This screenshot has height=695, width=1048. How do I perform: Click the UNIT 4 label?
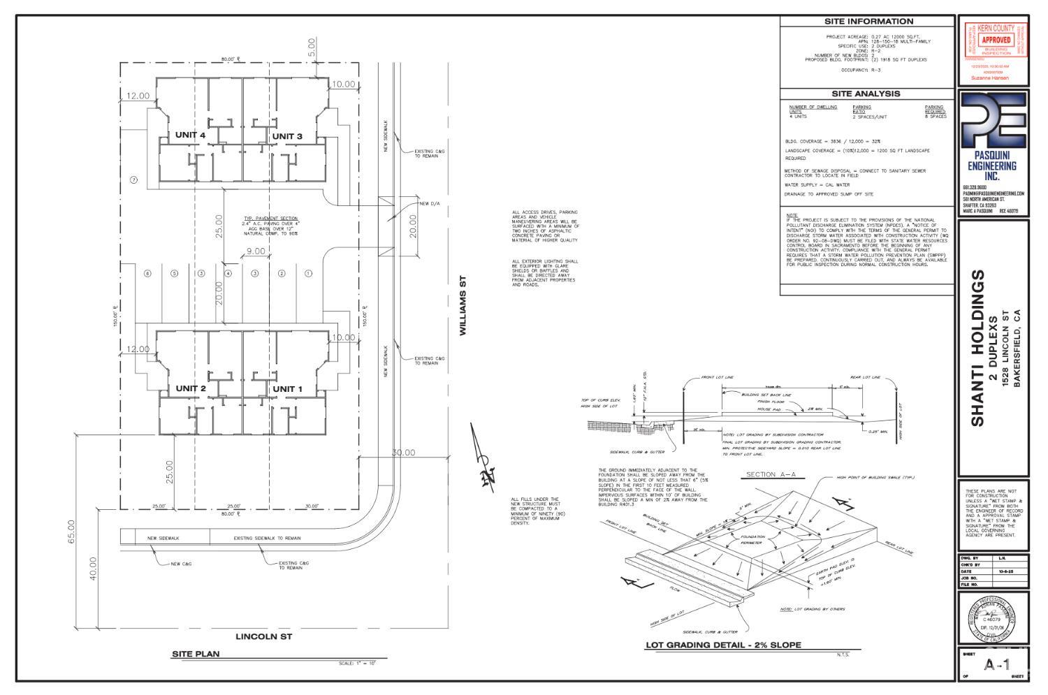point(190,135)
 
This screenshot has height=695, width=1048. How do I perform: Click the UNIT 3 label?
point(287,136)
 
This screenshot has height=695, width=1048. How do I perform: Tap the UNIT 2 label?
point(190,388)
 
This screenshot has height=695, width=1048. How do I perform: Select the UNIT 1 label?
point(287,388)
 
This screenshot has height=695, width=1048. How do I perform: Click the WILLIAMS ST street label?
point(463,305)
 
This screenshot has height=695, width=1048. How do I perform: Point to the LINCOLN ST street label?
point(263,636)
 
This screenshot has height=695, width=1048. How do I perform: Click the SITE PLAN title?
point(196,654)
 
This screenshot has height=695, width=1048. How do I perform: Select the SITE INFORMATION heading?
point(868,21)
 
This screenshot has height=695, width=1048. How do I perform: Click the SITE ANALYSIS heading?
point(866,94)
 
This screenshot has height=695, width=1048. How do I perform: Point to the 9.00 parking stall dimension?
point(255,251)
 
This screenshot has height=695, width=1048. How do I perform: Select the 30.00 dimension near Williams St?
point(403,453)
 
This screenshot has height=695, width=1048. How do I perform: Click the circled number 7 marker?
point(134,180)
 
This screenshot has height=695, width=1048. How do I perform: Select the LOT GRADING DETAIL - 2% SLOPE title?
point(722,645)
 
